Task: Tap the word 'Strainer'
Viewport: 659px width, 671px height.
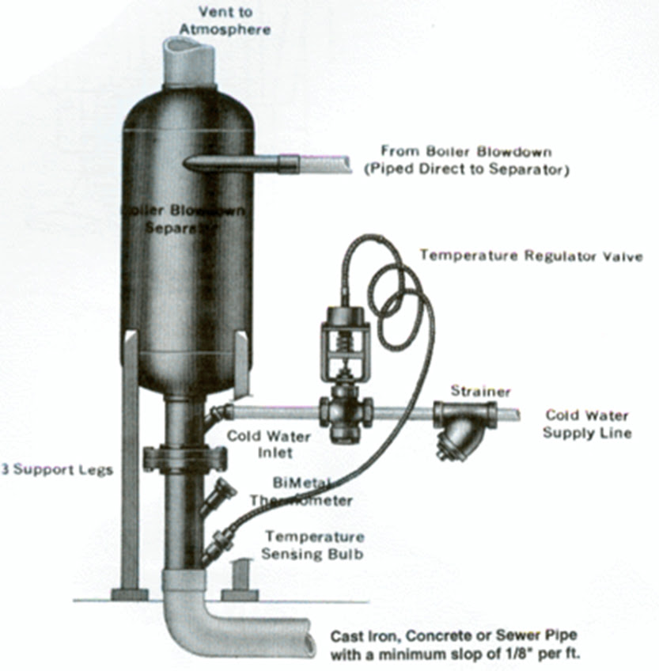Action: coord(481,391)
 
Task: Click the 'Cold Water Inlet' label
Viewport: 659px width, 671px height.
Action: coord(260,444)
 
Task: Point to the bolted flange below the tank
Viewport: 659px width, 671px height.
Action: coord(184,459)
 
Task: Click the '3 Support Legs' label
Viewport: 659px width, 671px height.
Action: coord(57,470)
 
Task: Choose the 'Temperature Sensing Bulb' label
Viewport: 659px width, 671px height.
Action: coord(314,544)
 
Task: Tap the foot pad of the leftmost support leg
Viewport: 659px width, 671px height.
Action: coord(130,593)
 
